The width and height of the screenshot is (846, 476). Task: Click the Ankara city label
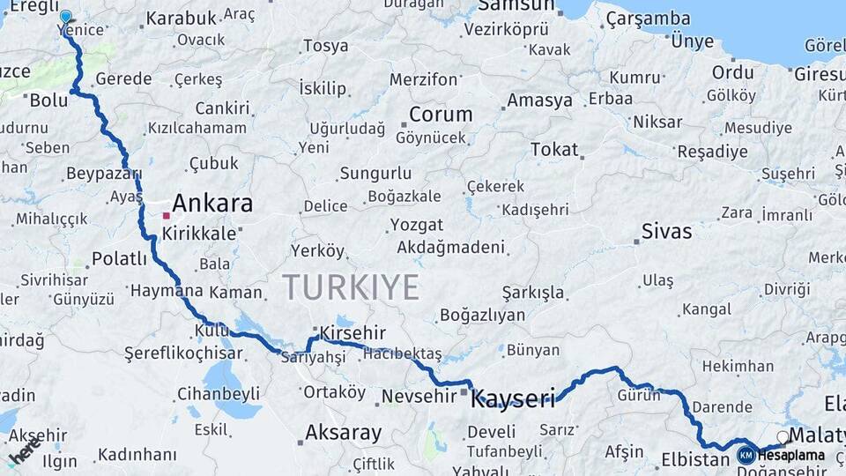point(212,205)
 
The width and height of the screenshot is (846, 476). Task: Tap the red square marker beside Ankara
point(166,215)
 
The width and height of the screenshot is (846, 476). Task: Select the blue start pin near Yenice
point(65,17)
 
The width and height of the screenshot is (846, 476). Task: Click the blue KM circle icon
point(746,455)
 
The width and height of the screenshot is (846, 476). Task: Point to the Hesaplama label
point(791,455)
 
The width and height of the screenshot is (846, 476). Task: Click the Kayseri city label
point(514,399)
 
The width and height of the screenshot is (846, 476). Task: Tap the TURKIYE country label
point(351,286)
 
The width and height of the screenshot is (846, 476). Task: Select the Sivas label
point(666,232)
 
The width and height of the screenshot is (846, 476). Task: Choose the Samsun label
point(516,6)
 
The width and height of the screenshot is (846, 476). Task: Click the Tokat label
point(554,149)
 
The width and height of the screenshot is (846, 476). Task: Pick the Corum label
point(441,115)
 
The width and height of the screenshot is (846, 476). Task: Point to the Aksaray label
point(343,433)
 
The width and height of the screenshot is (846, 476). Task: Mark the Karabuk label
point(181,18)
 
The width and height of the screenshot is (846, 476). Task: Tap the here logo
point(25,450)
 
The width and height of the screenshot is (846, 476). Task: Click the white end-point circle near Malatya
point(783,436)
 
